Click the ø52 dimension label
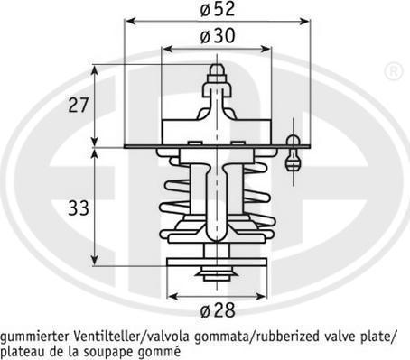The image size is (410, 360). (218, 9)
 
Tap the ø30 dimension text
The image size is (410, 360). (218, 36)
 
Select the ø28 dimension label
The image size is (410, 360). (218, 310)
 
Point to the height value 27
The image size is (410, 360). (79, 105)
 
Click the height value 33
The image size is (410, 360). (79, 208)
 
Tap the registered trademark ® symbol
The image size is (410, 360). (394, 71)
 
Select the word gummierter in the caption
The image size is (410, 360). (35, 337)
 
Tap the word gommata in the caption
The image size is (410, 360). (221, 337)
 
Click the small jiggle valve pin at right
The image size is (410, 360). (293, 152)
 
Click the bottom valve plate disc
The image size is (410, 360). (217, 263)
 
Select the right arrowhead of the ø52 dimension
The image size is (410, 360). (304, 22)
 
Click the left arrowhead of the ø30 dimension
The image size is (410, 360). (167, 49)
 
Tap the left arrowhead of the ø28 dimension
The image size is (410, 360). (172, 297)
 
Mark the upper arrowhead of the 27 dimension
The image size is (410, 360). (95, 70)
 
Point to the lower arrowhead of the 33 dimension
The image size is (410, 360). (95, 260)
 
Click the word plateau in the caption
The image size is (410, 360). (20, 352)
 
